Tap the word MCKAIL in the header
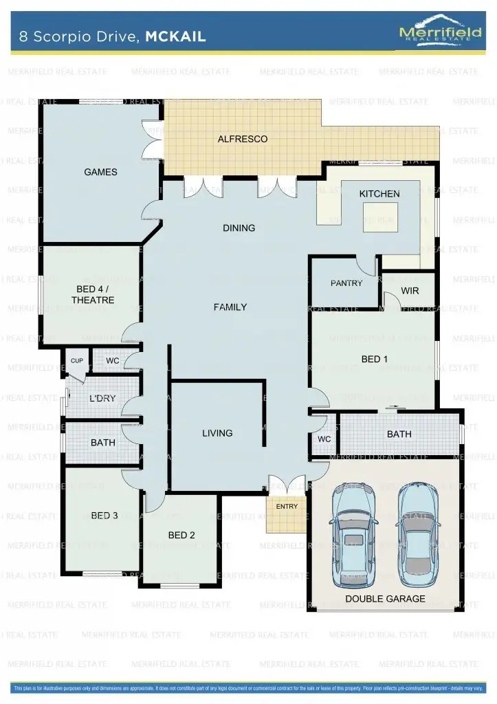click(175, 37)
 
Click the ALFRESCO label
click(242, 139)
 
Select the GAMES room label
click(100, 172)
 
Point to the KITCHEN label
click(379, 194)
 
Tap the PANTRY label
click(346, 283)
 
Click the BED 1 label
click(375, 359)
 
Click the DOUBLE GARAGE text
click(385, 599)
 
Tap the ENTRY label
click(287, 507)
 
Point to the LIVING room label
click(217, 433)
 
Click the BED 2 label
click(181, 535)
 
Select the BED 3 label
click(104, 516)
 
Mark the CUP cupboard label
click(76, 361)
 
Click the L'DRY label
click(103, 398)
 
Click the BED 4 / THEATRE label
click(92, 295)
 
